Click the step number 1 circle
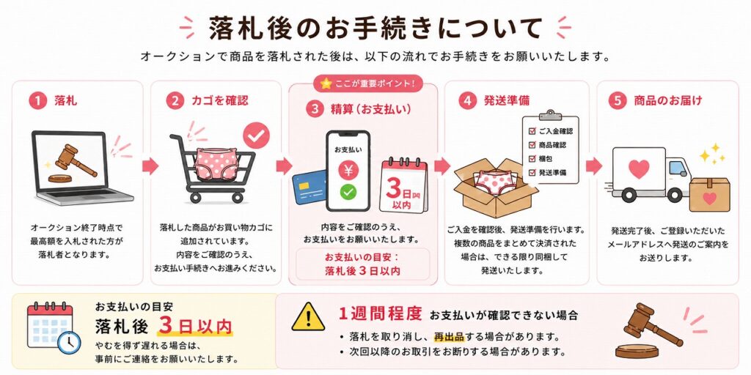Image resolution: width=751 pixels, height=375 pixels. tap(37, 101)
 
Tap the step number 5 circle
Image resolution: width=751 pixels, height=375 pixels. tap(618, 101)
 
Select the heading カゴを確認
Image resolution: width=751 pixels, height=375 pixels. tap(220, 101)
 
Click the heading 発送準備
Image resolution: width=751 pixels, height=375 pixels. tap(507, 101)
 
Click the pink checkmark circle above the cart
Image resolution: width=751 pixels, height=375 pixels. tap(256, 135)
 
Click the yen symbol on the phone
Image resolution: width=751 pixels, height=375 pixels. tap(348, 170)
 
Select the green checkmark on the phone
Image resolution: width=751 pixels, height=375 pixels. tap(348, 193)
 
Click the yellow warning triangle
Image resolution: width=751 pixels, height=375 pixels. tap(308, 318)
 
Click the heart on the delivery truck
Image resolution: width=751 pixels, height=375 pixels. tap(639, 169)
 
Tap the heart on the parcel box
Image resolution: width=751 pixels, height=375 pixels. tap(709, 198)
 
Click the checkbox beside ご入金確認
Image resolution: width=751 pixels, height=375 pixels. tap(532, 130)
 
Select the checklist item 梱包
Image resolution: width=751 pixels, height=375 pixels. tap(546, 158)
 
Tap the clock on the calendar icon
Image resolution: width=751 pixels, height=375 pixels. tap(69, 342)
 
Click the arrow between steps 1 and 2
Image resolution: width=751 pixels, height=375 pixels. tap(150, 166)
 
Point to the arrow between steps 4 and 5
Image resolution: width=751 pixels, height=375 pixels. tap(594, 166)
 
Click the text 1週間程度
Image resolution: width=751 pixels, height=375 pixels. tap(380, 313)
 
